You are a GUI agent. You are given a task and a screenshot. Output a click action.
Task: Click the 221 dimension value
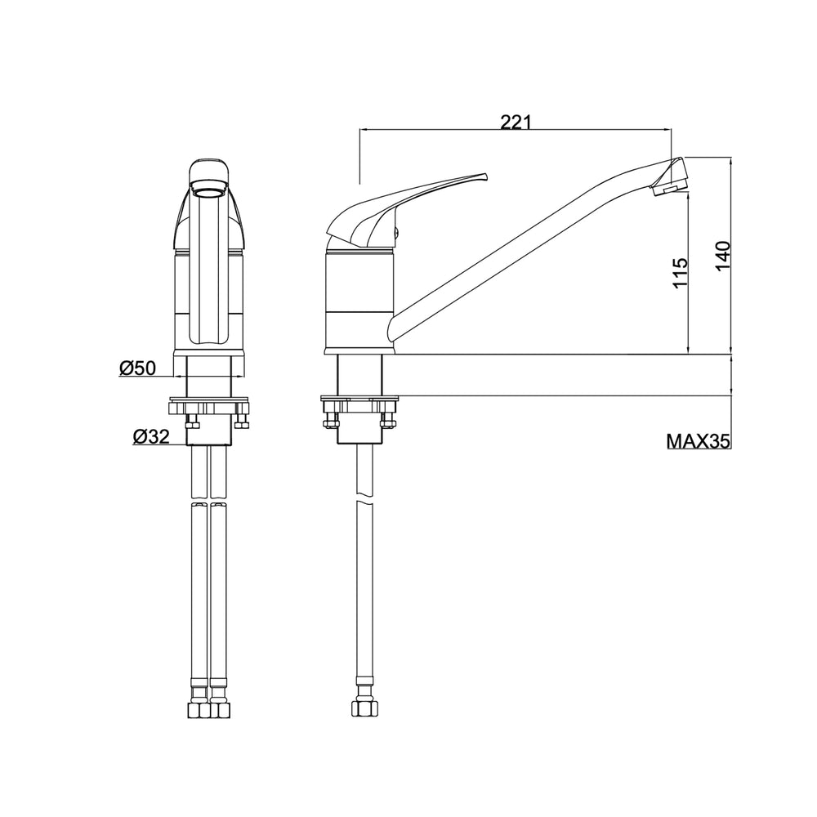(x=516, y=122)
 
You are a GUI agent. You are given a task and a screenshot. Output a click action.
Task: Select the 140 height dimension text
(x=723, y=255)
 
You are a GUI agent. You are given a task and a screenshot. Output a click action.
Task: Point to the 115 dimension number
(x=681, y=272)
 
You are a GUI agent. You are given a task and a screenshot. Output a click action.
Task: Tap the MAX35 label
(x=699, y=441)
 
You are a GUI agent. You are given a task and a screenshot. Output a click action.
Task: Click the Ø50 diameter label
(x=137, y=368)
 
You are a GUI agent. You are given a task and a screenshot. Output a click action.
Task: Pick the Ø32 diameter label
(x=151, y=436)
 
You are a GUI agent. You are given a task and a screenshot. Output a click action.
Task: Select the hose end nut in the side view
(x=364, y=708)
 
